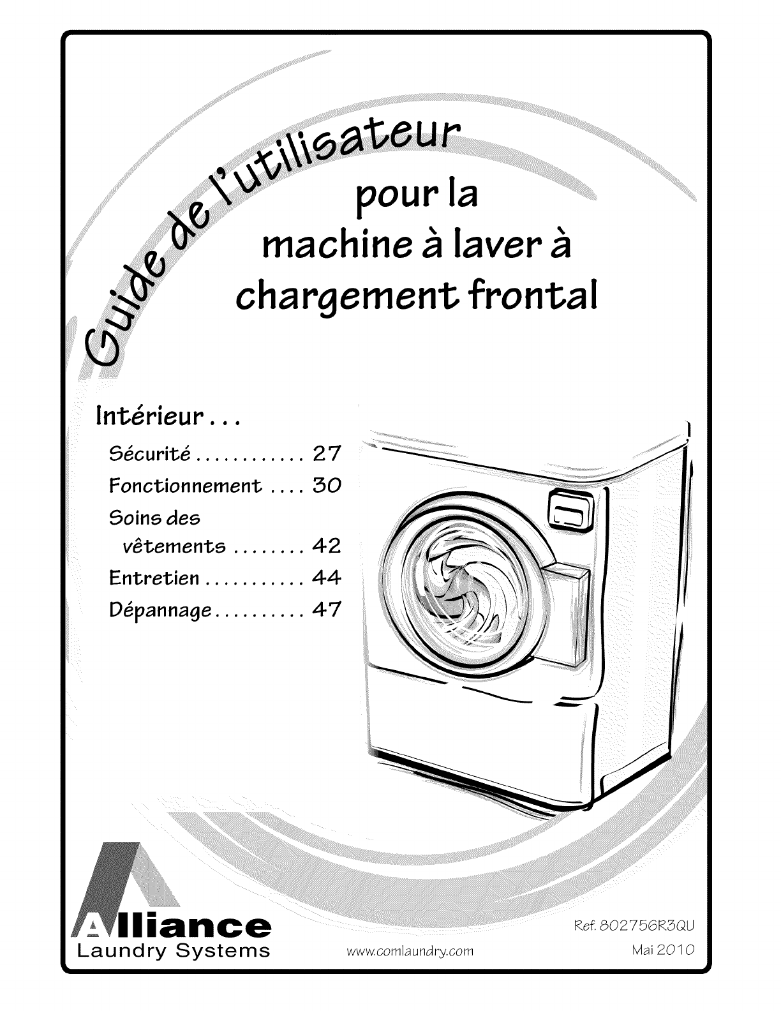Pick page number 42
327,546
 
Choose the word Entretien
154,578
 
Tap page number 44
327,578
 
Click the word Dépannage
160,610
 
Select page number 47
327,610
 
